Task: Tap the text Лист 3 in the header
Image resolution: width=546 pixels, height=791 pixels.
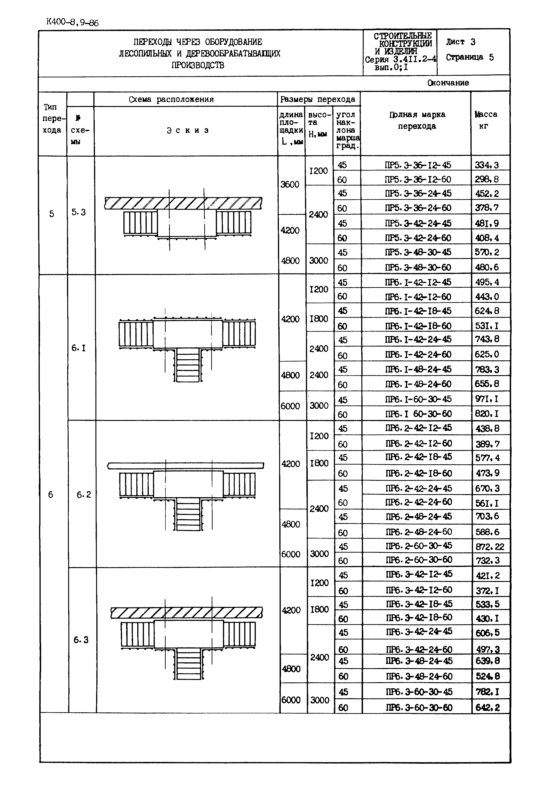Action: pos(461,42)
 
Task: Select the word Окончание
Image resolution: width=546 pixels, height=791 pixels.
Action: pos(448,83)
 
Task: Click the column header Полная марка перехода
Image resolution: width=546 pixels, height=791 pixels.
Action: pos(417,120)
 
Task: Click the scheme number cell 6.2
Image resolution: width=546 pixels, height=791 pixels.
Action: pos(83,495)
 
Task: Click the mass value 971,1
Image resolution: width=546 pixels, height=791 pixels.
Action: pos(486,399)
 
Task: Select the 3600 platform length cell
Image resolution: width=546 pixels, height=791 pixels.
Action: pos(290,185)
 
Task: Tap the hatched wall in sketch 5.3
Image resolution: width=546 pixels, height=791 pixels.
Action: pos(183,203)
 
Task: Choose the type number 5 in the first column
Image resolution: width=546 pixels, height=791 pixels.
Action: pos(52,214)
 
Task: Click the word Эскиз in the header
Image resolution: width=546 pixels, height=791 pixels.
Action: pos(187,130)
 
